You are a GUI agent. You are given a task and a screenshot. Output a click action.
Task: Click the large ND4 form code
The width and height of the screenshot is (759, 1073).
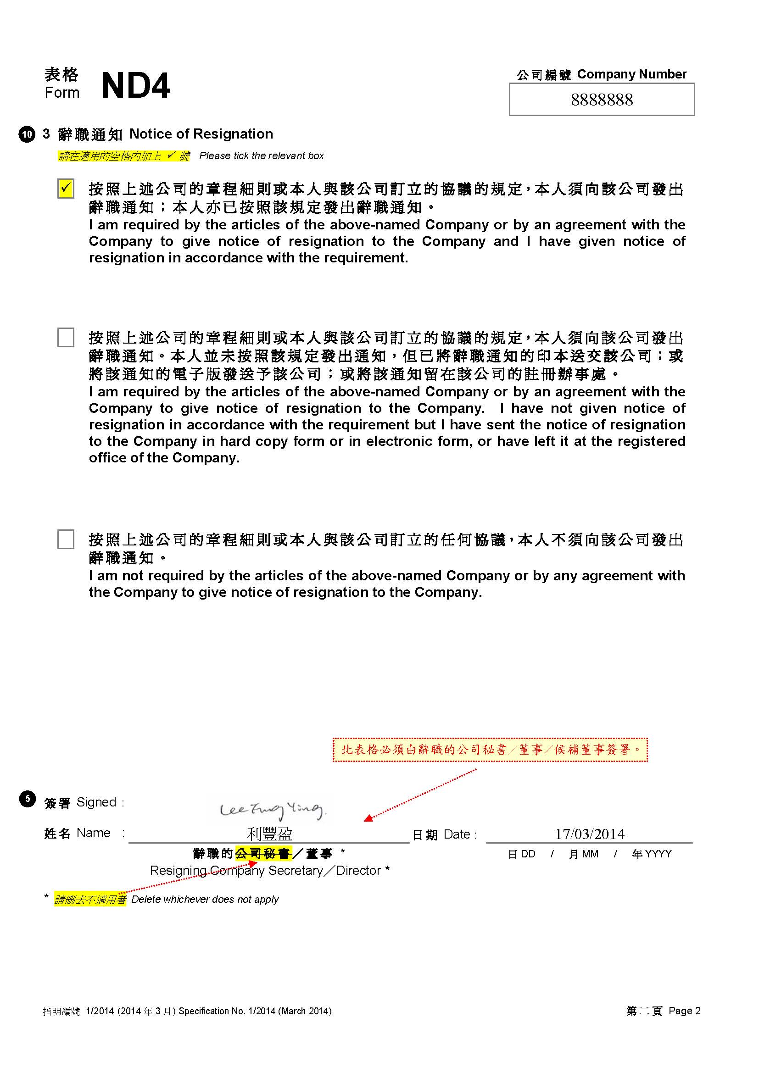(x=135, y=86)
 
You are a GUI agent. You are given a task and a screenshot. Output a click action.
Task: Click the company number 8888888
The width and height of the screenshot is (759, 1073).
(x=602, y=100)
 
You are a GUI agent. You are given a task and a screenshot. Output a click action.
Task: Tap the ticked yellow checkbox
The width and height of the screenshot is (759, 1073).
(x=66, y=189)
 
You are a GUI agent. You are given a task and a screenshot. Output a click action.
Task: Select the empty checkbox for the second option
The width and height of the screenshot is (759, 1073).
(x=66, y=337)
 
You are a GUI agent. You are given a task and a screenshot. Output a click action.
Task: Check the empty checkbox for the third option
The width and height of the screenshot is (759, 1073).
(x=66, y=539)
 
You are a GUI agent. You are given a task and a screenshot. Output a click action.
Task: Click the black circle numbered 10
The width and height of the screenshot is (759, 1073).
(x=27, y=134)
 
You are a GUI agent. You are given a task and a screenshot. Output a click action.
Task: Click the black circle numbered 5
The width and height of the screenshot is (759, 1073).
(x=27, y=799)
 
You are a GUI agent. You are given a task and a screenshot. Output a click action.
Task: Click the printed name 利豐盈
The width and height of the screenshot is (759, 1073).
(x=270, y=833)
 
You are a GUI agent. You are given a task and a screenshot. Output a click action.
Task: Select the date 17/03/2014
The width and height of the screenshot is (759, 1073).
(x=589, y=834)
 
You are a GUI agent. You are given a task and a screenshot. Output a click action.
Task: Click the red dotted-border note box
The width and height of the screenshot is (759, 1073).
(x=490, y=750)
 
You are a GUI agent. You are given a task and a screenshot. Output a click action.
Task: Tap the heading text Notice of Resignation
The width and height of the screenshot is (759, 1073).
(x=201, y=134)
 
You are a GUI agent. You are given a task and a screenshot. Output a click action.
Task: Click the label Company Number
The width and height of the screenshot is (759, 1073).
(x=631, y=74)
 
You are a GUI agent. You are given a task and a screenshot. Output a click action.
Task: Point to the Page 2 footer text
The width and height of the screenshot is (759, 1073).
(x=684, y=1011)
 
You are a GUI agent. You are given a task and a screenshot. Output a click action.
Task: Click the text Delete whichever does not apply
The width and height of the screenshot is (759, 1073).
(x=205, y=899)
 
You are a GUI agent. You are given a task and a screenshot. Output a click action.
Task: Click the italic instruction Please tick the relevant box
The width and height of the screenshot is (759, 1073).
(x=261, y=156)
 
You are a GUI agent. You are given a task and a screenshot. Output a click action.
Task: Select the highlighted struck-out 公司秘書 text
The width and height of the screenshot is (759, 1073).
(x=263, y=853)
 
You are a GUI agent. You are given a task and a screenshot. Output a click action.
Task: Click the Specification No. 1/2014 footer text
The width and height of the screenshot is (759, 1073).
(x=255, y=1012)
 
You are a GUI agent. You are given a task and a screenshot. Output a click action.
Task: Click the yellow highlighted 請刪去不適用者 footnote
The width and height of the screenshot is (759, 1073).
(x=90, y=899)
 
